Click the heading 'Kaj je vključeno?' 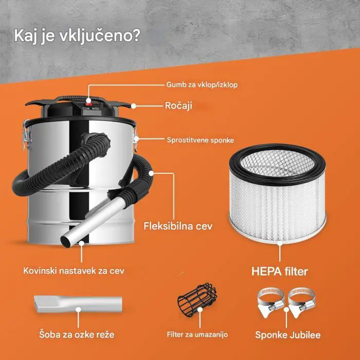[x=76, y=38]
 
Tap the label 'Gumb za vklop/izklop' [x=202, y=84]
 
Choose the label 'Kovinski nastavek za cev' [x=74, y=270]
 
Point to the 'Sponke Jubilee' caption [x=288, y=335]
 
